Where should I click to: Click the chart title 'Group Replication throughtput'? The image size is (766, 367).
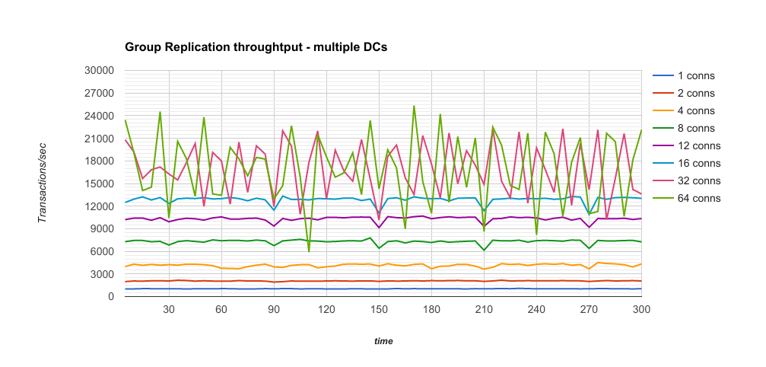(256, 47)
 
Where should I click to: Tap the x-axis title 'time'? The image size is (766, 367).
(383, 342)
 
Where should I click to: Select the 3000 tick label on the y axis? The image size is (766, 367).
(103, 274)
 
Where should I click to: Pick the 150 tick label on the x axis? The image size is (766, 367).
(379, 310)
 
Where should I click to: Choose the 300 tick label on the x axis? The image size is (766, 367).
(642, 310)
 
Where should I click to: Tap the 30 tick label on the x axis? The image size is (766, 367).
(169, 310)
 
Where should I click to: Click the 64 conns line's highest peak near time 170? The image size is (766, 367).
(414, 107)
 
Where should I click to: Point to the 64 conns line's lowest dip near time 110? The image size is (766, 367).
(309, 251)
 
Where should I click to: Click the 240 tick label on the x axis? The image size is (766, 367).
(537, 310)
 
